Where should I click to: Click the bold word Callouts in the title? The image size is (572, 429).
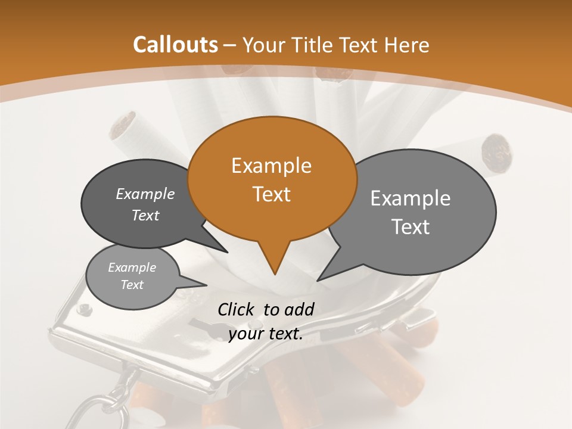coord(175,45)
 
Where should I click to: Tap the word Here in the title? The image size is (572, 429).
coord(408,45)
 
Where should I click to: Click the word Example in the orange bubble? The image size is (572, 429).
coord(271,166)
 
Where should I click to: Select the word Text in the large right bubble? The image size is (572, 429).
coord(411,227)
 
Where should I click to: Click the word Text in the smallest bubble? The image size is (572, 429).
coord(132,285)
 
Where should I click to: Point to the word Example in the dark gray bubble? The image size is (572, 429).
coord(145,194)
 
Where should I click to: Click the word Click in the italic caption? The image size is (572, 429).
coord(237,309)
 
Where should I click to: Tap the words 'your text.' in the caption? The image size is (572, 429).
coord(266,334)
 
